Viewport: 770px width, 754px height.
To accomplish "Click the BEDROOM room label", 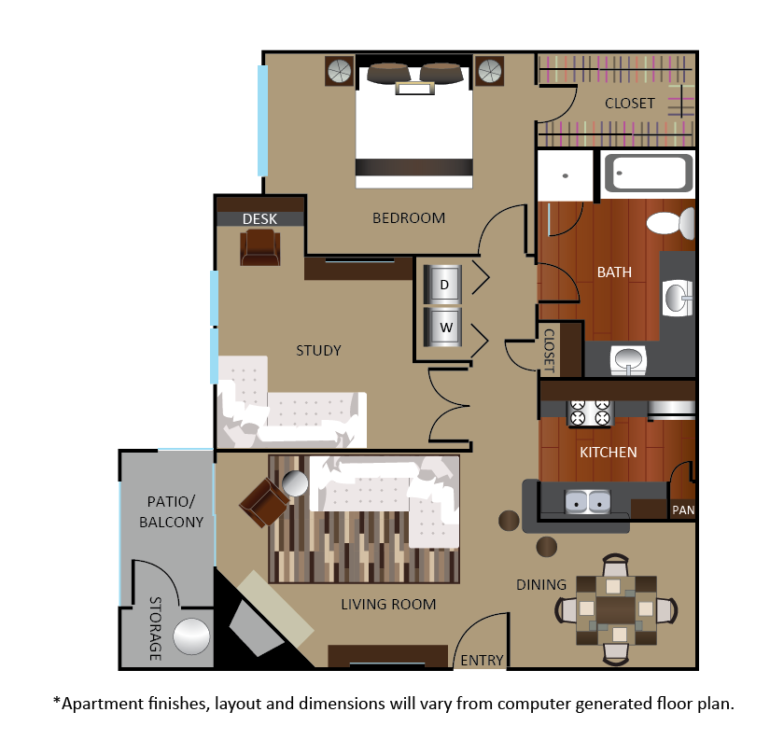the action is [409, 218].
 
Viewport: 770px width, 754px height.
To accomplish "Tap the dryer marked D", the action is [443, 285].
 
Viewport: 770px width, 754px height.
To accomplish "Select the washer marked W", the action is [443, 327].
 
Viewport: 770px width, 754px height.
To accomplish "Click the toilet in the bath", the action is [671, 223].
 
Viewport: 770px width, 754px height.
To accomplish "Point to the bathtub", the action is [649, 173].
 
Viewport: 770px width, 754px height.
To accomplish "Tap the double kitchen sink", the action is [587, 502].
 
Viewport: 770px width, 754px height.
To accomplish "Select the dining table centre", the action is [616, 609].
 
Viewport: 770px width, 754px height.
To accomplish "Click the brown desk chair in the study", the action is [260, 247].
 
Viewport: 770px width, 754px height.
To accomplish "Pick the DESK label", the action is [259, 219].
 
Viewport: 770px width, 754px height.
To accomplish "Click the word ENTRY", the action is [482, 661].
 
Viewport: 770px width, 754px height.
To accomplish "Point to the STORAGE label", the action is [155, 629].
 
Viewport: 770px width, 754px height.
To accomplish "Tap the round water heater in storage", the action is [191, 636].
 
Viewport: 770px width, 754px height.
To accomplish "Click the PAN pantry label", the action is [683, 510].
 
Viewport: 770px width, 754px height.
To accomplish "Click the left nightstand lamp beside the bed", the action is [340, 72].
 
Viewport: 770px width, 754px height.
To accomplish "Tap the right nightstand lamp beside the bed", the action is [490, 72].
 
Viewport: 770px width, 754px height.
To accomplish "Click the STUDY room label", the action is [318, 351].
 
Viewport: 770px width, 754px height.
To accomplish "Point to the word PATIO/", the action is [171, 502].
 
